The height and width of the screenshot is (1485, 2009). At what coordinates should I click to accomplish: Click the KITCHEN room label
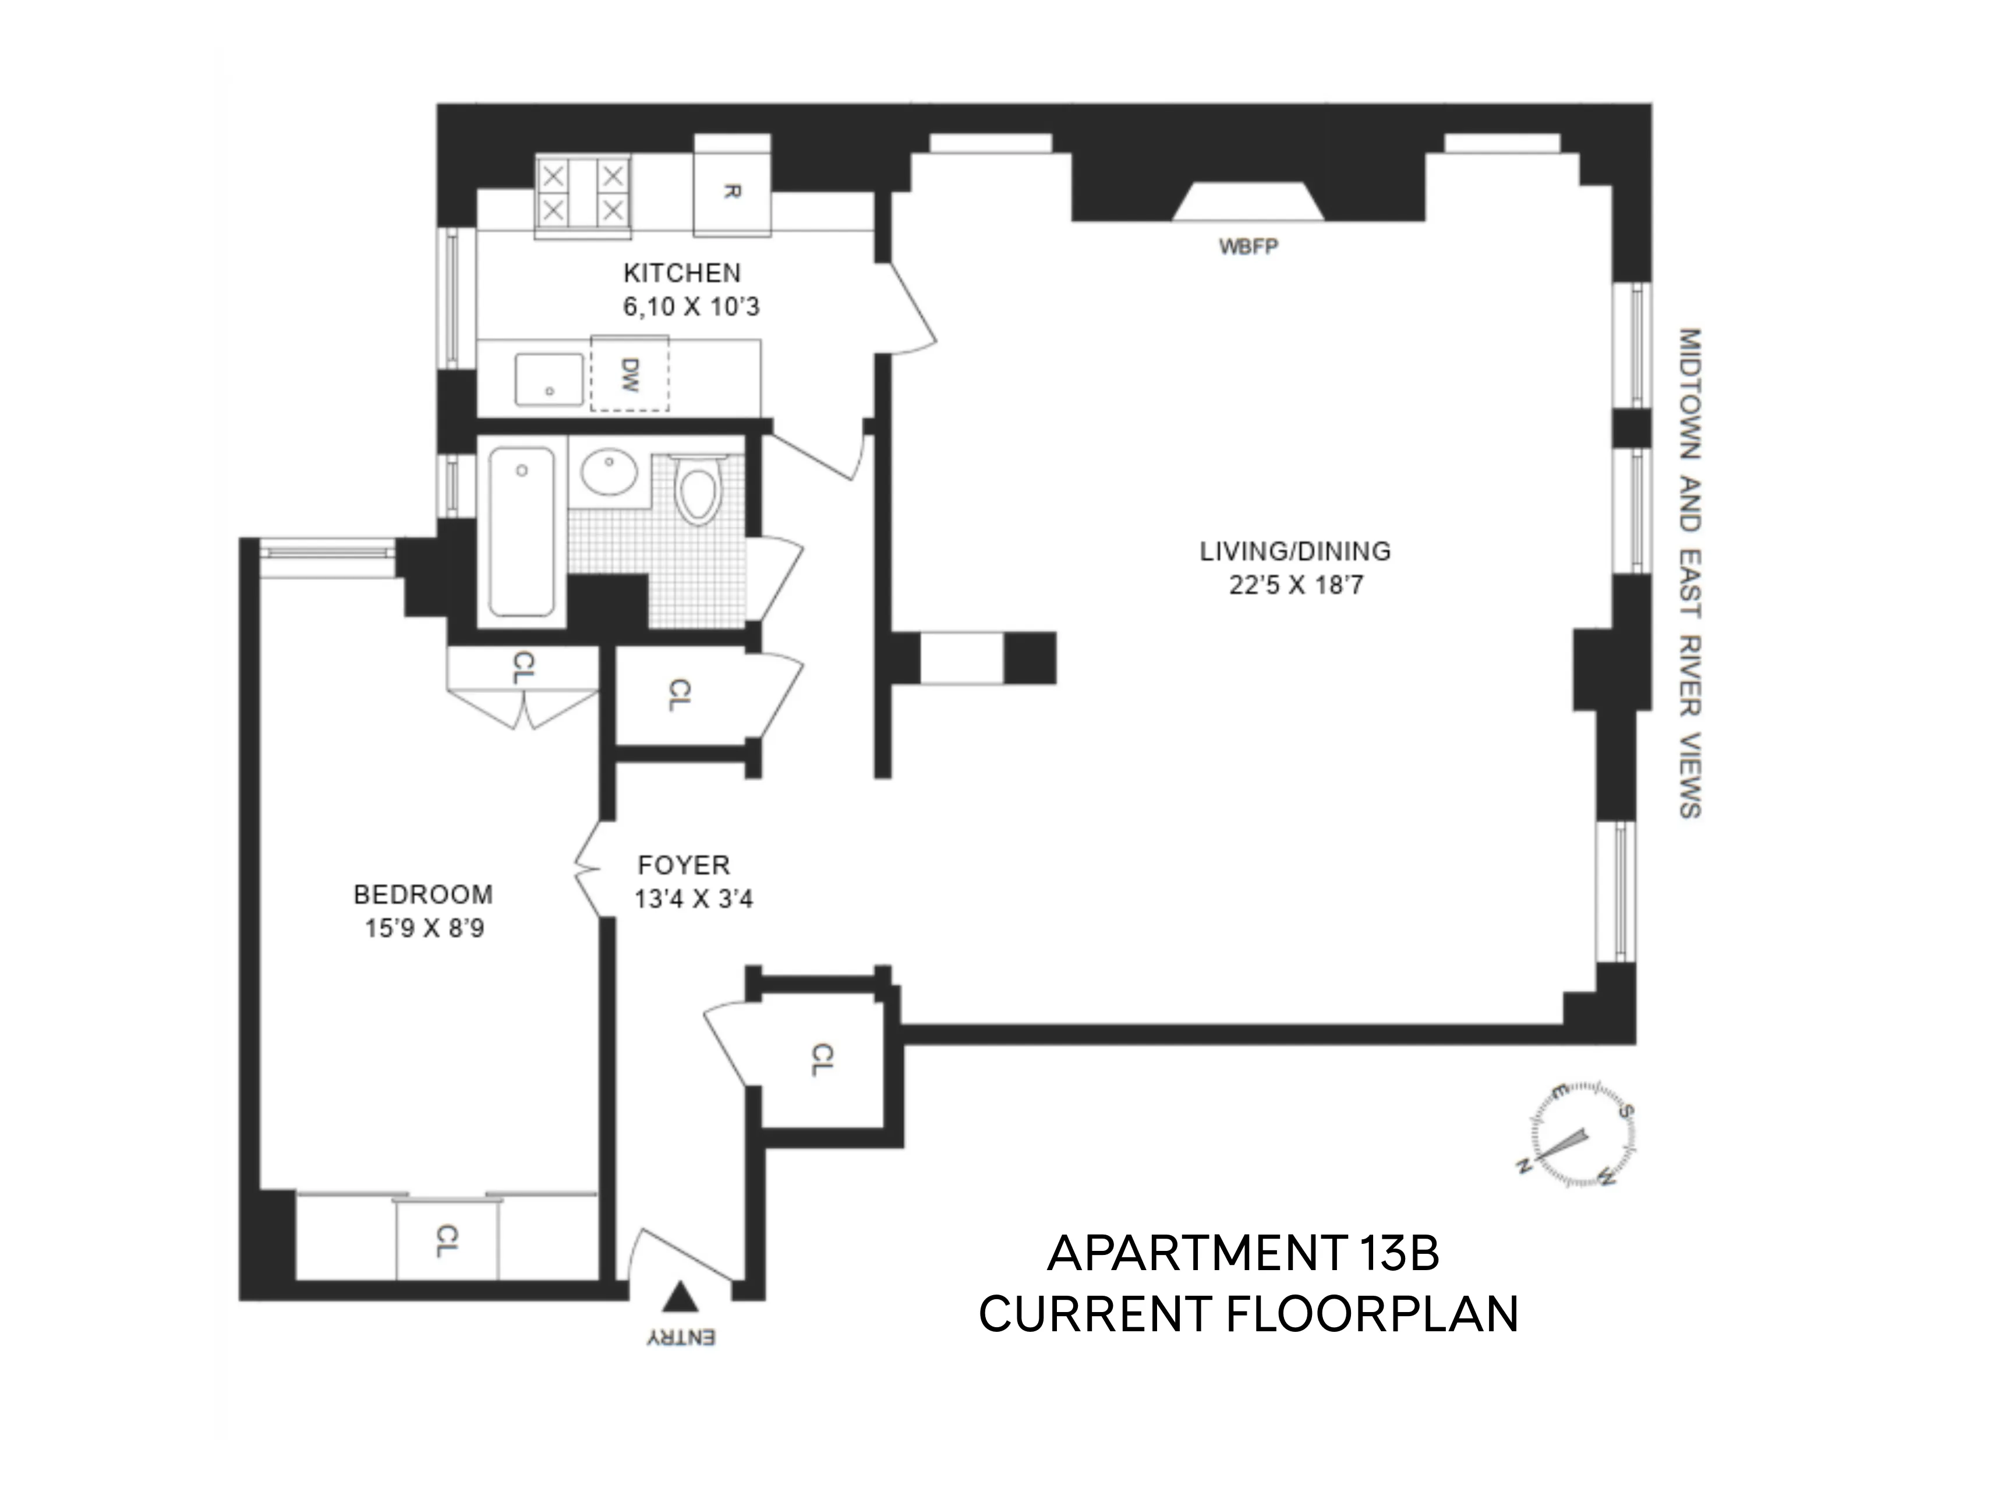682,273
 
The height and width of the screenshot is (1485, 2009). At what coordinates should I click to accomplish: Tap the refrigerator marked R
732,190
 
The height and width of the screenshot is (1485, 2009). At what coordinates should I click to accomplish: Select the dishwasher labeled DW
629,374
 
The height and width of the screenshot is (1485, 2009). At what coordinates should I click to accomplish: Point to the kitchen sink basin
549,379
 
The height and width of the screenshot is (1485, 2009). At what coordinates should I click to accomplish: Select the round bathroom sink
609,471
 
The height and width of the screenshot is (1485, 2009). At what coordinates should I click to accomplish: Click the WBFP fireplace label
1248,246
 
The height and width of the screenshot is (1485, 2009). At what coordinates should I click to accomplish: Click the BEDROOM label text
423,894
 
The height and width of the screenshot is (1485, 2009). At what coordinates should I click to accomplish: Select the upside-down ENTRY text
681,1338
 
